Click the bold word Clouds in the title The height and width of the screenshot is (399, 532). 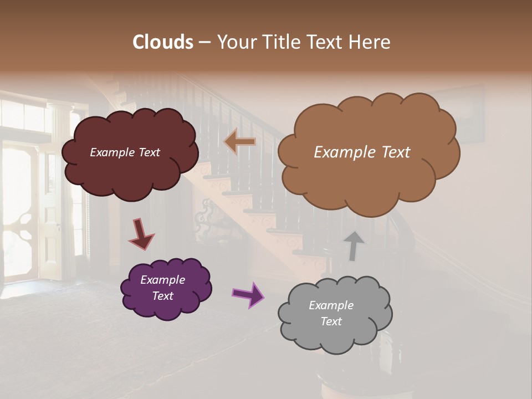coord(163,42)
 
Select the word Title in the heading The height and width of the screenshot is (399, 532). coord(277,42)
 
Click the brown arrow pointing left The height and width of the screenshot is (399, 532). coord(239,142)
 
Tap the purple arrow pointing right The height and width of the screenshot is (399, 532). coord(248,294)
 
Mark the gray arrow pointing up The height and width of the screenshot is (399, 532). coord(353,245)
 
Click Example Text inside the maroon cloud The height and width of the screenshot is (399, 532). coord(125,152)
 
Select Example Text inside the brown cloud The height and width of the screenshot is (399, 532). coord(362,152)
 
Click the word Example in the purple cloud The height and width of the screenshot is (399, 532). coord(162,280)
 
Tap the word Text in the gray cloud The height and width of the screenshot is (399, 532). coord(331,321)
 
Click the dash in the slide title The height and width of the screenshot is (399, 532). coord(204,42)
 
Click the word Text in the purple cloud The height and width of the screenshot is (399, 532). coord(162,296)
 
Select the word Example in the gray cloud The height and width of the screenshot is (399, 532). coord(331,305)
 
